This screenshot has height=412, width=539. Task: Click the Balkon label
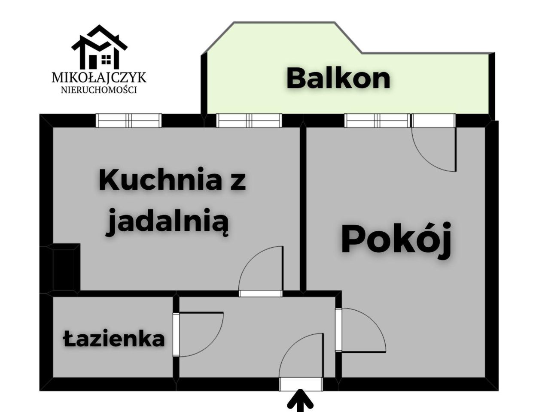(x=338, y=79)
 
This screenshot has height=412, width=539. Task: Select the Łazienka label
(x=114, y=339)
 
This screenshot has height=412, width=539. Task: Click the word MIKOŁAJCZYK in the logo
(x=99, y=78)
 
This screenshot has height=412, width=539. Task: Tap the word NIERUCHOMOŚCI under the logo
(x=99, y=90)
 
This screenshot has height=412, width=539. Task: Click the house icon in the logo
(x=100, y=47)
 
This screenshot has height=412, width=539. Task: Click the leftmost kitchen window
(x=128, y=121)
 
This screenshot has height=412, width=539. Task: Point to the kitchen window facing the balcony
(x=249, y=121)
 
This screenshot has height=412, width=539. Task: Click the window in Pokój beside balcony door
(x=377, y=121)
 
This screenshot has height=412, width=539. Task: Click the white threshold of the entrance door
(x=301, y=385)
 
